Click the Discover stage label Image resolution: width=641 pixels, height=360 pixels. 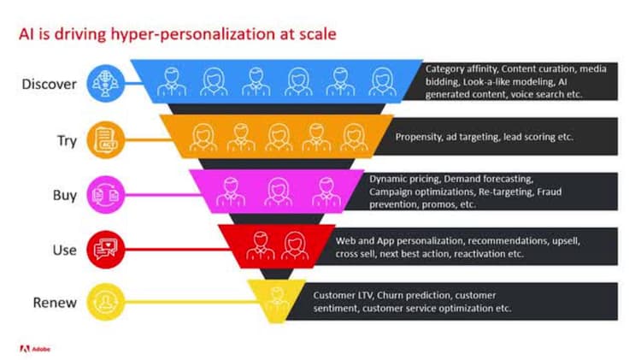coord(50,84)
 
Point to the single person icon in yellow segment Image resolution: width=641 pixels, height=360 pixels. coord(275,299)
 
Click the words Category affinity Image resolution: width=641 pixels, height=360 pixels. coord(461,67)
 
